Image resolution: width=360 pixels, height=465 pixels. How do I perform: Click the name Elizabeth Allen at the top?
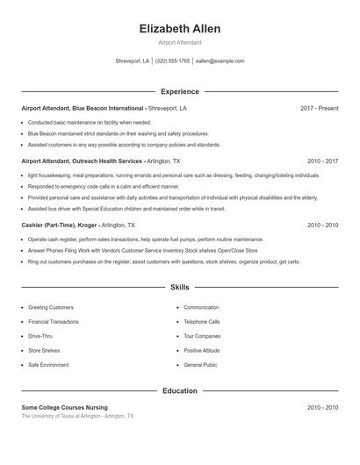(180, 29)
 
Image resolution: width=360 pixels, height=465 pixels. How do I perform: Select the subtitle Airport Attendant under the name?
(180, 42)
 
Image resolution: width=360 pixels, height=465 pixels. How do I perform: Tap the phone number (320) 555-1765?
(173, 61)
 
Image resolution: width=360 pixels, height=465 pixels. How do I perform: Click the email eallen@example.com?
(220, 61)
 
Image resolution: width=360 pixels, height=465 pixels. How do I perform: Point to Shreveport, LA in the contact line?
(133, 61)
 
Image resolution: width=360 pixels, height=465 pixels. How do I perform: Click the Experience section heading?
(180, 91)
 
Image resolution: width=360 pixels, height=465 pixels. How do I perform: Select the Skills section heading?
(180, 287)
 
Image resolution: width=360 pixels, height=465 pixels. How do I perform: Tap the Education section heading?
(180, 390)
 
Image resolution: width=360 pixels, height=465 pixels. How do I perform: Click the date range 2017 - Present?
(319, 108)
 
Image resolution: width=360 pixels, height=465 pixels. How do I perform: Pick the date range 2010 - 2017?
(322, 161)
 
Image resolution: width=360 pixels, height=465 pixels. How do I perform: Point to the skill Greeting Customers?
(51, 308)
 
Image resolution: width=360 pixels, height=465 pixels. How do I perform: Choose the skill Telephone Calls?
(202, 322)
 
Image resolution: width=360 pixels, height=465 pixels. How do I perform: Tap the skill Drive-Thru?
(40, 336)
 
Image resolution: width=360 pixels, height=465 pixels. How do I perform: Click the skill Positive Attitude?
(202, 350)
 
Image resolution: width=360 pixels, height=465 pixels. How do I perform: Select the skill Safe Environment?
(48, 364)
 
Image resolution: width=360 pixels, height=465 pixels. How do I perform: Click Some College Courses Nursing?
(64, 408)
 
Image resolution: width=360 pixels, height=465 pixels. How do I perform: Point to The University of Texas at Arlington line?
(77, 416)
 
